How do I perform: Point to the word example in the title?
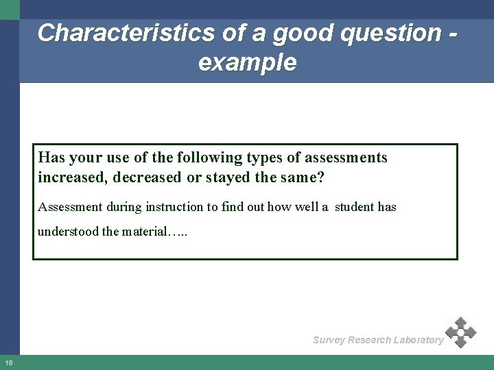coord(248,63)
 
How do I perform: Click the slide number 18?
coord(8,362)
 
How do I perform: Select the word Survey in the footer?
coord(329,340)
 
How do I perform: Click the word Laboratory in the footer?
coord(415,340)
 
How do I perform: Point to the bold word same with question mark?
coord(305,177)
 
